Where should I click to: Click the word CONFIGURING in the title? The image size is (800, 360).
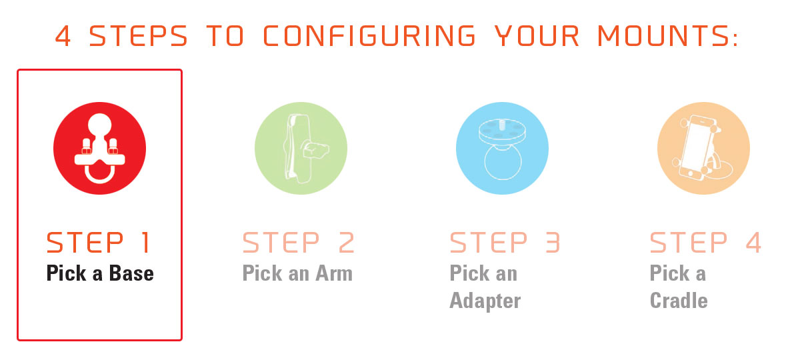click(x=369, y=36)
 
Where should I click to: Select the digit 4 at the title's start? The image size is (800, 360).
click(x=63, y=36)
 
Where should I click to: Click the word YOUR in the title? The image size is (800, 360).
click(x=537, y=36)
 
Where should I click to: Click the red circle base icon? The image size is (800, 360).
click(x=99, y=148)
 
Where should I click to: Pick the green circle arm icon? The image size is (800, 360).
click(x=301, y=148)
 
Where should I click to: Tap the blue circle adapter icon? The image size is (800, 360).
click(x=502, y=148)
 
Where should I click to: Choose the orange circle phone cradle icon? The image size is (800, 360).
click(x=703, y=148)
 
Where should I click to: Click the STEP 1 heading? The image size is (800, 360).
click(x=98, y=243)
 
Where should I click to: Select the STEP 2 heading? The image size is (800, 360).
click(x=298, y=243)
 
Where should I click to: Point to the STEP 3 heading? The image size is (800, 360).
click(x=505, y=243)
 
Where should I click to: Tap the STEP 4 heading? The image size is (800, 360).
click(x=705, y=243)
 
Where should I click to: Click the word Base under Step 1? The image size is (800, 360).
click(x=131, y=273)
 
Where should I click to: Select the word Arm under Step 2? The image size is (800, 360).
click(x=334, y=273)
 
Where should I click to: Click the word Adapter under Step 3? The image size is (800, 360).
click(x=485, y=301)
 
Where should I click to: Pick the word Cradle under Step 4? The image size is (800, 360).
click(x=679, y=301)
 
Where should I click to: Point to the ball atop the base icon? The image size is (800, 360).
click(x=99, y=126)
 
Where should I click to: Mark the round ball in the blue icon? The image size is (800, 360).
click(x=503, y=162)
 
